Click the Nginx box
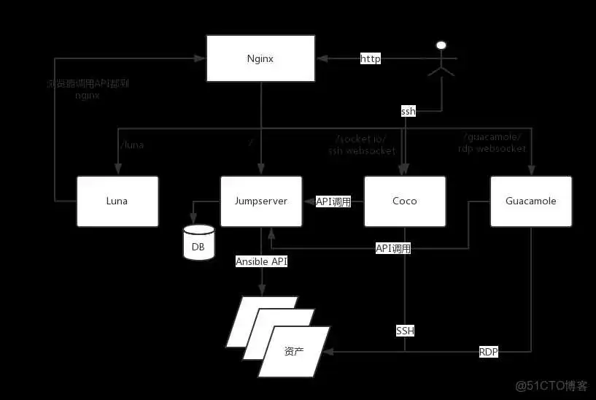coord(260,59)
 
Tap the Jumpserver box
coord(260,201)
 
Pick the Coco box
coord(404,201)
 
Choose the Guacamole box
coord(530,201)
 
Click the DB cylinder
coord(198,243)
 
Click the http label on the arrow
coord(371,59)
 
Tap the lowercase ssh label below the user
coord(409,112)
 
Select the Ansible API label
coord(261,261)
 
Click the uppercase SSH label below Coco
coord(405,331)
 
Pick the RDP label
coord(489,351)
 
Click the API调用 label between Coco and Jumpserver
coord(333,201)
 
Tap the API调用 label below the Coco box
coord(393,248)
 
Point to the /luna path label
coord(131,145)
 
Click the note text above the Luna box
coord(87,89)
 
